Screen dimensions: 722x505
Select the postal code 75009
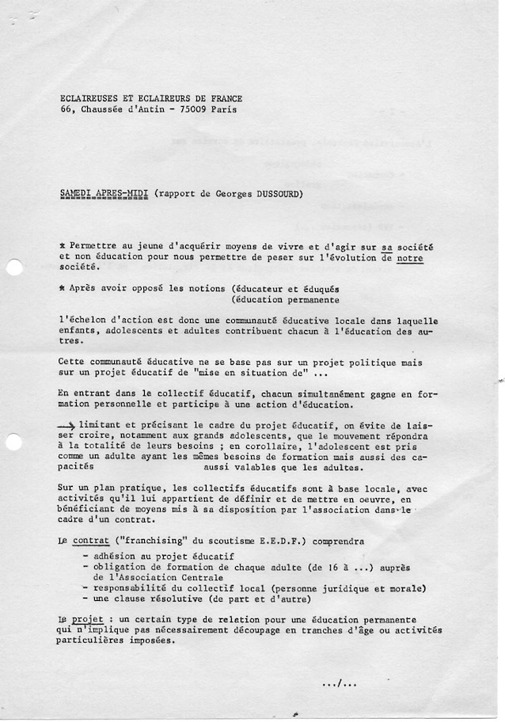[x=191, y=109]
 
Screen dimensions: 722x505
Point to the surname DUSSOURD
[x=276, y=193]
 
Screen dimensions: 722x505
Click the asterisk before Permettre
[x=63, y=246]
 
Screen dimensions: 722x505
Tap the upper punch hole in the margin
[x=13, y=268]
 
